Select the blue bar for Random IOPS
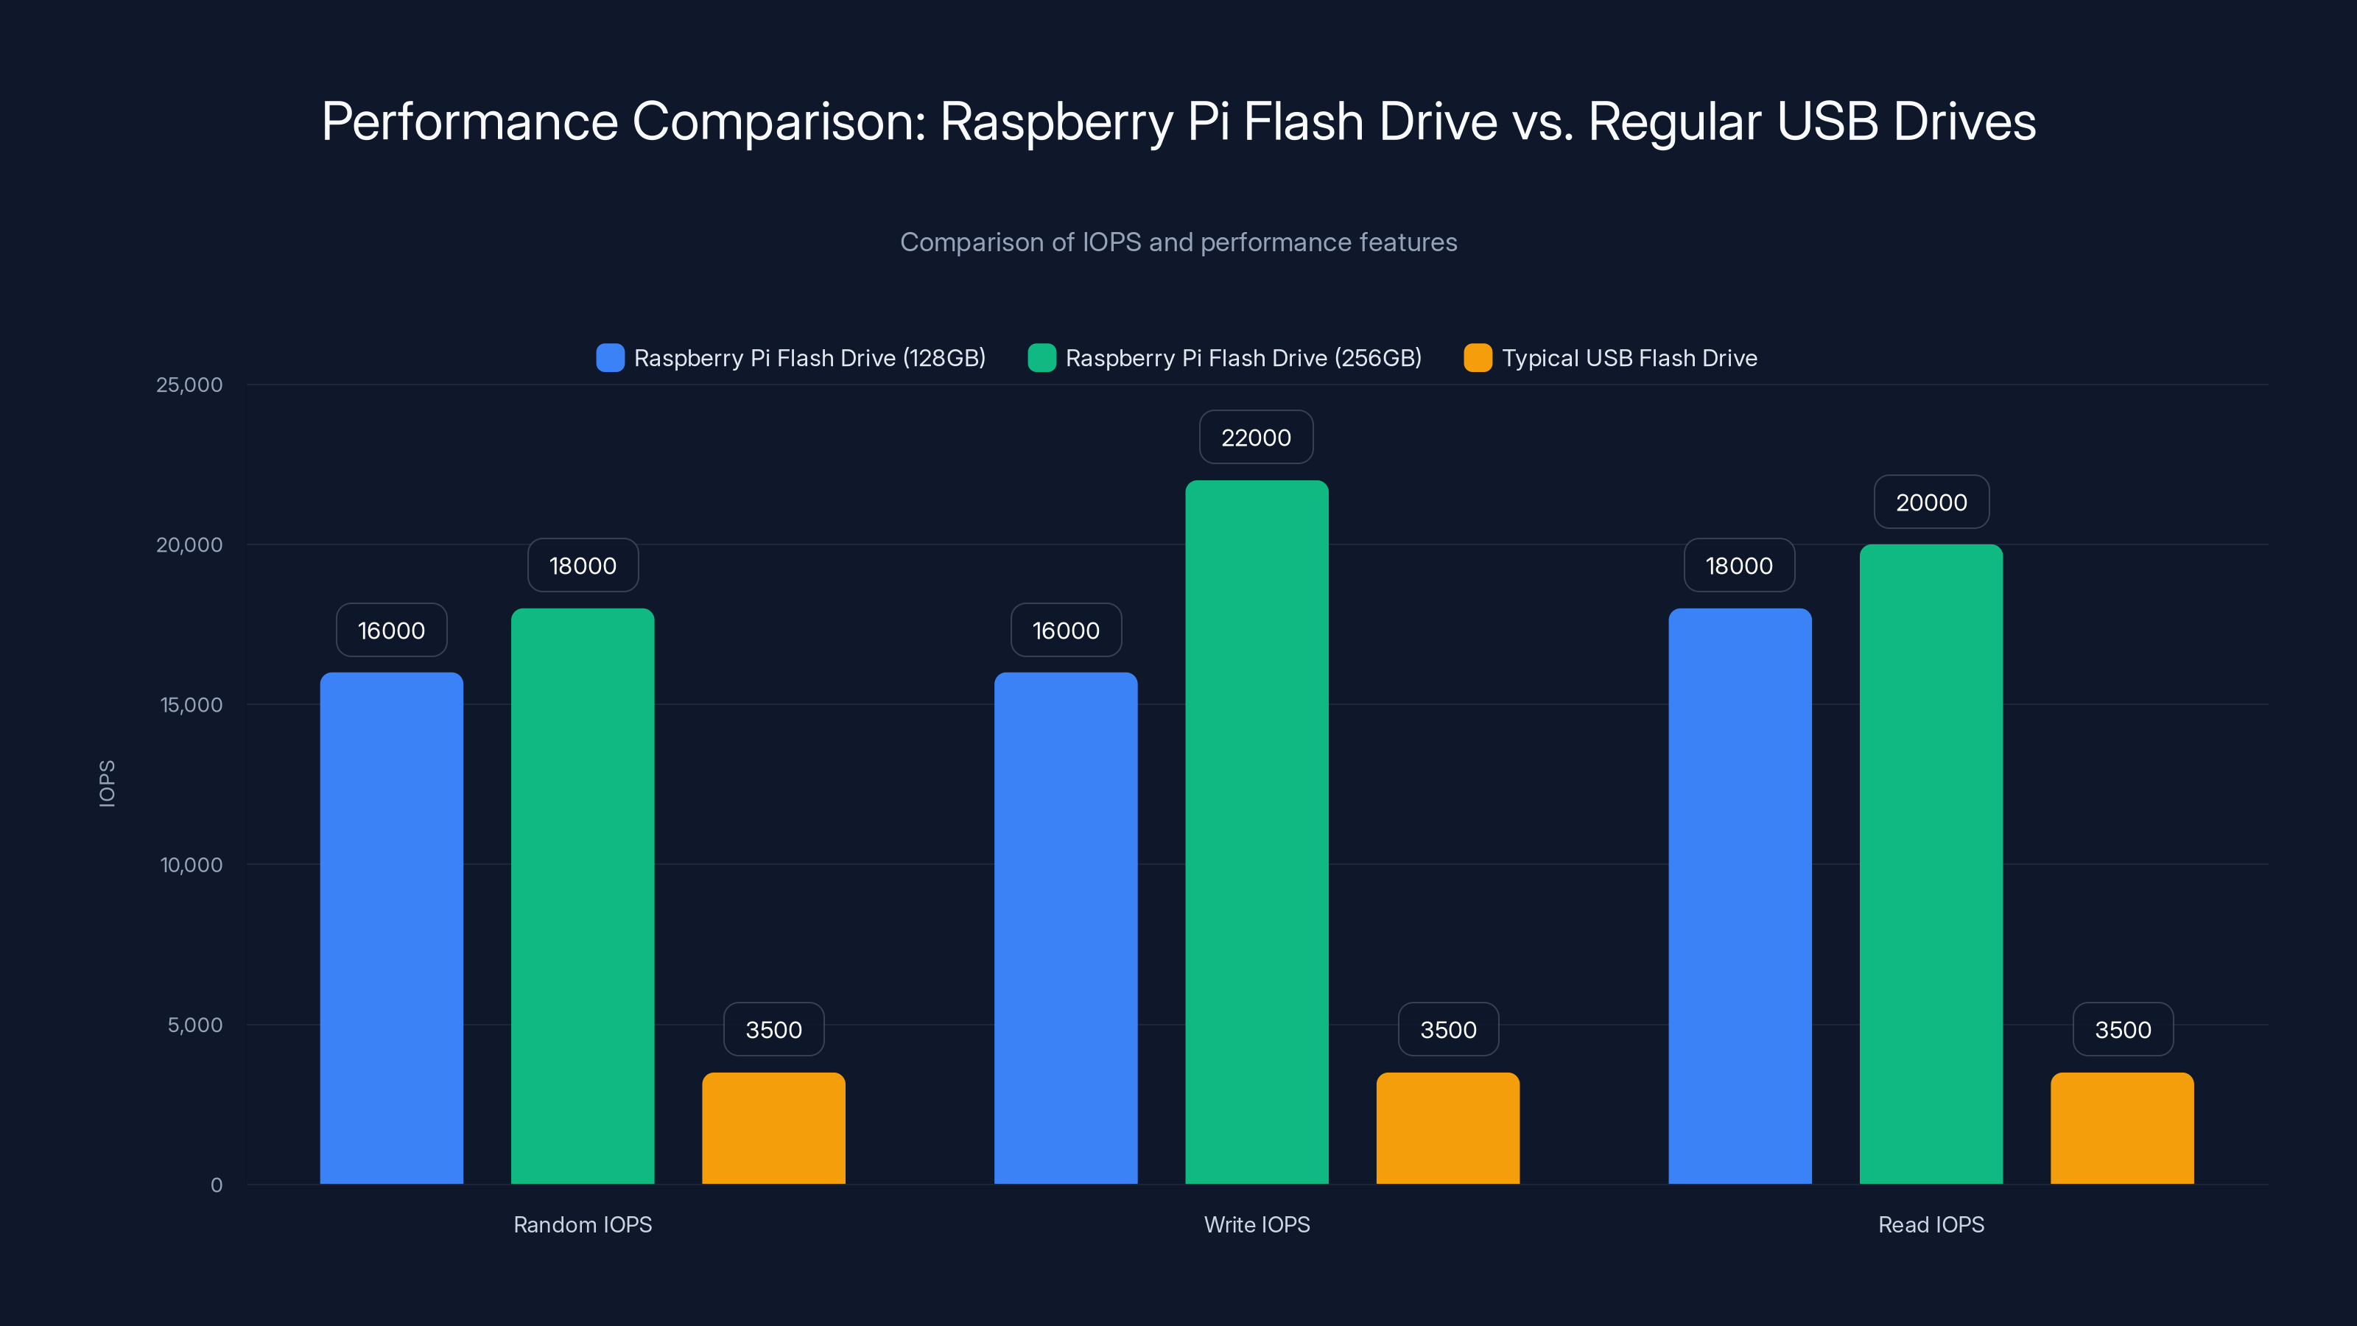[x=392, y=928]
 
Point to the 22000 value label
[x=1257, y=438]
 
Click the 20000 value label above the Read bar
[x=1931, y=502]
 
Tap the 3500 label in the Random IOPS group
[x=773, y=1030]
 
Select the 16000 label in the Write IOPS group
[x=1066, y=631]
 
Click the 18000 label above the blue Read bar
[x=1738, y=566]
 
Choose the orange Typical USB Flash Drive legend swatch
[x=1478, y=358]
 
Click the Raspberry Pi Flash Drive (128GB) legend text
[x=809, y=358]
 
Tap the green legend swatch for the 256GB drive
[x=1041, y=358]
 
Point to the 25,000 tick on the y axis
[x=189, y=385]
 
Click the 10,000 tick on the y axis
[x=192, y=865]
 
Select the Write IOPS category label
[x=1257, y=1224]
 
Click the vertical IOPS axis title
[x=107, y=783]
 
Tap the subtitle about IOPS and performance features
[x=1178, y=242]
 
